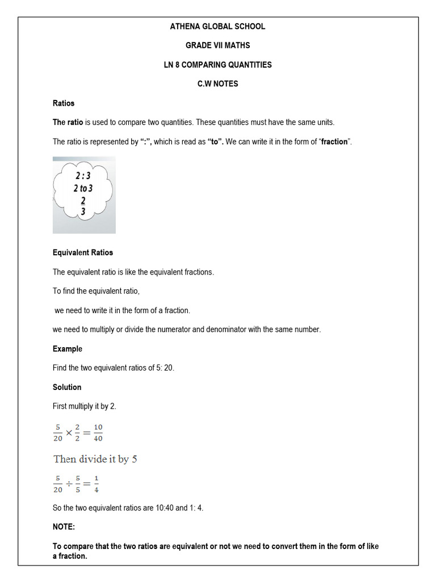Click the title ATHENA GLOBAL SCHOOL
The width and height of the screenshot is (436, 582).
pyautogui.click(x=217, y=26)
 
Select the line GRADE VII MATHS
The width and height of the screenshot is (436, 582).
pyautogui.click(x=217, y=45)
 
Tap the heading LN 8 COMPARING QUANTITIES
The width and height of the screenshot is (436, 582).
pyautogui.click(x=217, y=65)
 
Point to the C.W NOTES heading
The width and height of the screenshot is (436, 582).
pyautogui.click(x=217, y=84)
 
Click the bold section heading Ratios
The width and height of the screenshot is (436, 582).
pyautogui.click(x=64, y=103)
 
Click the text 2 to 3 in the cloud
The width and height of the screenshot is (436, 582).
pyautogui.click(x=83, y=188)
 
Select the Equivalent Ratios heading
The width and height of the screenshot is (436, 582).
pyautogui.click(x=83, y=252)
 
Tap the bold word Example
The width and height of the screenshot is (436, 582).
pyautogui.click(x=68, y=348)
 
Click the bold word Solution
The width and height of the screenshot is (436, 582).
pyautogui.click(x=67, y=387)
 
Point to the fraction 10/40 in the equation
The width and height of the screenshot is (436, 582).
pyautogui.click(x=98, y=433)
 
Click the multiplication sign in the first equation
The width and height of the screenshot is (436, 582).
pyautogui.click(x=69, y=433)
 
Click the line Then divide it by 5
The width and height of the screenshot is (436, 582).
pyautogui.click(x=95, y=459)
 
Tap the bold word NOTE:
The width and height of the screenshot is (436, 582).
pyautogui.click(x=64, y=527)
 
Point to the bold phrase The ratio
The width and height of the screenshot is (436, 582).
pyautogui.click(x=68, y=122)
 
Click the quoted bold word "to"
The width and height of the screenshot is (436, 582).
pyautogui.click(x=216, y=142)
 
